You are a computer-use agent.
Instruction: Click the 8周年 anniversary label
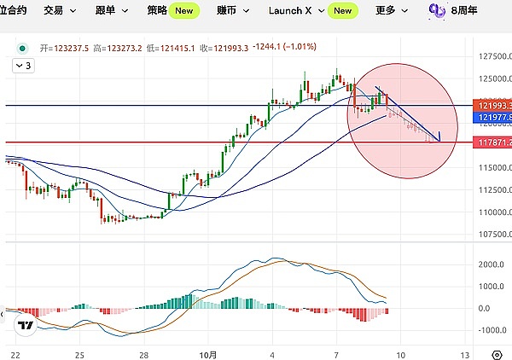[464, 10]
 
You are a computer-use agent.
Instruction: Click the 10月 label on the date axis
[209, 353]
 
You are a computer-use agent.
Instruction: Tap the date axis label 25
[79, 353]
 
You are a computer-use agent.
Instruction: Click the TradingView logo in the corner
[26, 325]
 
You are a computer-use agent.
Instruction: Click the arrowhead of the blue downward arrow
[439, 139]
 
